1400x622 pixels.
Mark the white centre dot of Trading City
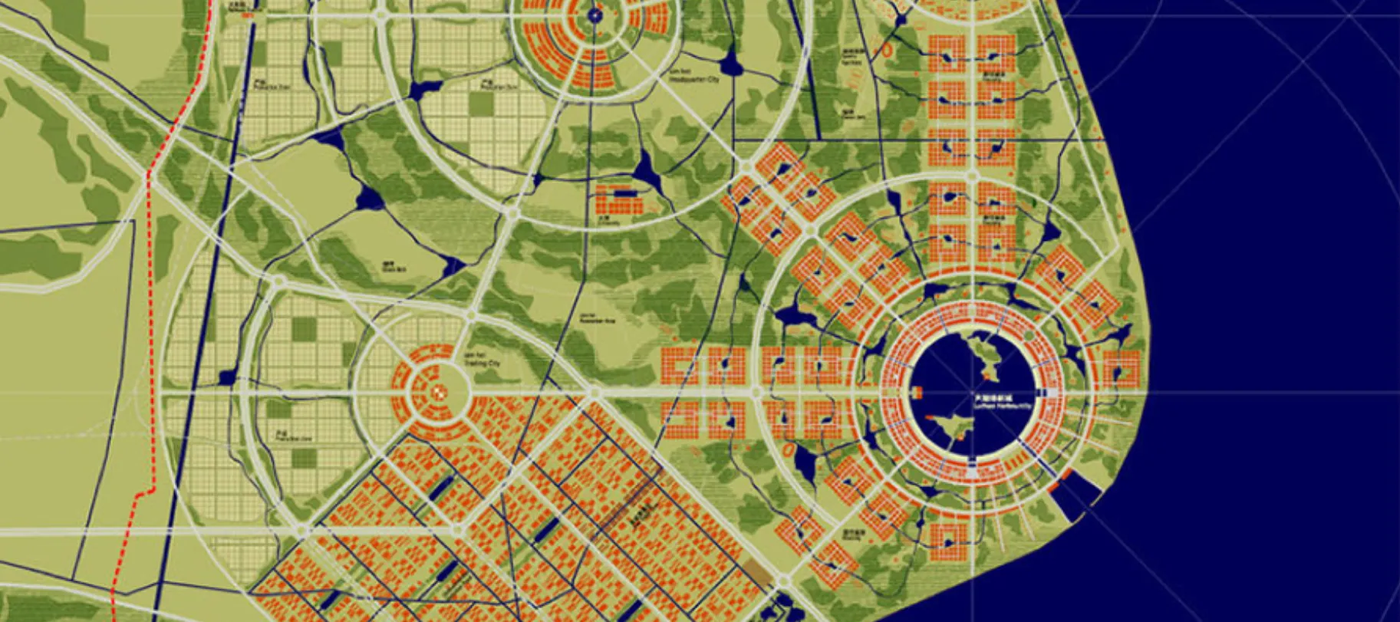[x=439, y=392]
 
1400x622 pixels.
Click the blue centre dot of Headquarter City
[x=595, y=14]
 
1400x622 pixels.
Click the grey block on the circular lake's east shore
[x=1052, y=393]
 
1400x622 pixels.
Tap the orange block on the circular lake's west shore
[x=916, y=392]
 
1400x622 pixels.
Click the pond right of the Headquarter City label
[x=731, y=65]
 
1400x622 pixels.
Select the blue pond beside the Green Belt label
[x=453, y=266]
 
